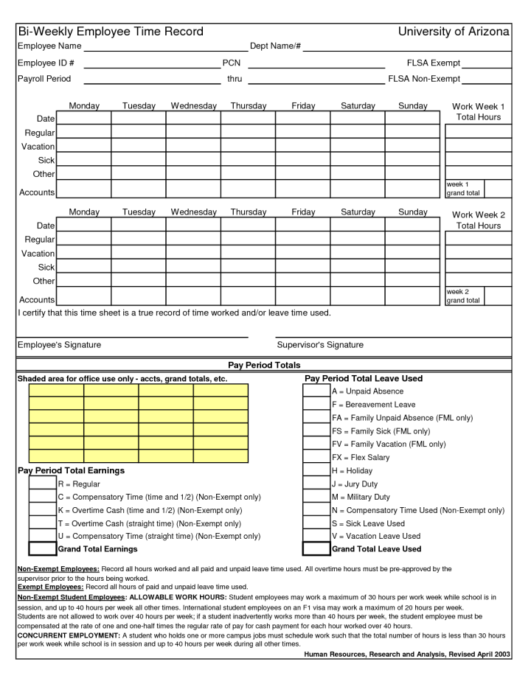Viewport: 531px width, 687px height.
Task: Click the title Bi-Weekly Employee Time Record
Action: pos(111,32)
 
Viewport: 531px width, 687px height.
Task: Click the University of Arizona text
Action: pos(454,32)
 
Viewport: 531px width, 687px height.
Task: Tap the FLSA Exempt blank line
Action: pos(486,66)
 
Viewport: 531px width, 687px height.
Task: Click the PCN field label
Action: pos(232,63)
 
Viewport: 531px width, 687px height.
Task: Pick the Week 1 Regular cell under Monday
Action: pos(84,133)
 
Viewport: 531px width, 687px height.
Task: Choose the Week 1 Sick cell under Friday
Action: pos(302,160)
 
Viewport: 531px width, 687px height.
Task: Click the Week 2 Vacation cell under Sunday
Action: pos(412,254)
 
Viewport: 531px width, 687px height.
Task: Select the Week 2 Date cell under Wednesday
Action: pos(193,226)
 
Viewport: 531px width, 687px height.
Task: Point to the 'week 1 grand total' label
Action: pos(463,189)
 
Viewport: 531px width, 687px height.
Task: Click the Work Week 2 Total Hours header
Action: pos(478,220)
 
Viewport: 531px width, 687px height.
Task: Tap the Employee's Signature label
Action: pos(59,345)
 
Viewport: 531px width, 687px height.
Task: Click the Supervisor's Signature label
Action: pos(320,345)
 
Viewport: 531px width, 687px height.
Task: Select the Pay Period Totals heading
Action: pos(264,366)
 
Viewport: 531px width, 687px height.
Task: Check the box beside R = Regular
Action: pos(42,484)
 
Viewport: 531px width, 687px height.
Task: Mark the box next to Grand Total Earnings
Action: pos(42,549)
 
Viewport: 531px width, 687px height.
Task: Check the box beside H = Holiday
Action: pos(316,470)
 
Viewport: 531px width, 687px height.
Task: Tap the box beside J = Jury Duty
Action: pos(316,484)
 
